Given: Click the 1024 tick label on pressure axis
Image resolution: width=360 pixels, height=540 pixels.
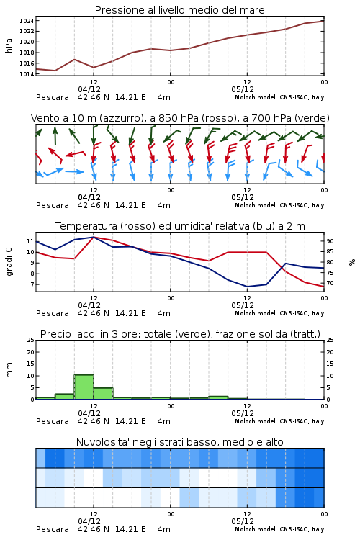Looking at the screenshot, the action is tap(27, 21).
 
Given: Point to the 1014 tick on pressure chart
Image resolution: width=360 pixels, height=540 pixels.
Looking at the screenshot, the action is tap(27, 74).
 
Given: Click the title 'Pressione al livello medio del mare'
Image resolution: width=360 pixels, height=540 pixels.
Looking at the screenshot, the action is tap(180, 10).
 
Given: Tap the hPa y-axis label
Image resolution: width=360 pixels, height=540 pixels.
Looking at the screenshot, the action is tap(9, 45).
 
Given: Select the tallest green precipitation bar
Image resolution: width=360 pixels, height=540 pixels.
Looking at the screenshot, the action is tap(84, 387).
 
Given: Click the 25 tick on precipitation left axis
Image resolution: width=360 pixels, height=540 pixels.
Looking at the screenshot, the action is tap(31, 341).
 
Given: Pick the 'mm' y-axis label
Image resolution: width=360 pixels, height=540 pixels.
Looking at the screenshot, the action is tap(9, 370).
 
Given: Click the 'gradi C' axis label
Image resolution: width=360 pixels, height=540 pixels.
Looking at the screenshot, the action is tap(9, 262).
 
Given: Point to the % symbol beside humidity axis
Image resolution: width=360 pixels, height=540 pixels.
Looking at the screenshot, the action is tap(352, 262).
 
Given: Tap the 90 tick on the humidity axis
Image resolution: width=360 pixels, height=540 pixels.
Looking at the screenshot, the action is tap(330, 241).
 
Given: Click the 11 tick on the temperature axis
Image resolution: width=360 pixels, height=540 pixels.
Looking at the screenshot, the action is tap(30, 241).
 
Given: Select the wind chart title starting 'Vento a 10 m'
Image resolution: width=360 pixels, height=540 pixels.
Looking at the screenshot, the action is tap(180, 118).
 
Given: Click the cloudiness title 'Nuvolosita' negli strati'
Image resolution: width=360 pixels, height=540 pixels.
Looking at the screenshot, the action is tap(180, 442).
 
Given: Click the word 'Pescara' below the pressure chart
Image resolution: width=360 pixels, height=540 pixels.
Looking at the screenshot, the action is tap(53, 97).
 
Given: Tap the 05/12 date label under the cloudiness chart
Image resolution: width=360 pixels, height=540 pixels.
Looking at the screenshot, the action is tap(243, 521).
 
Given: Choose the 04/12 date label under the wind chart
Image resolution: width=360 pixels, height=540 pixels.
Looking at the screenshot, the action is tap(89, 197).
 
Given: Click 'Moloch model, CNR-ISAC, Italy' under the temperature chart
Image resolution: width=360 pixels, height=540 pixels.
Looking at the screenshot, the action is tap(279, 313).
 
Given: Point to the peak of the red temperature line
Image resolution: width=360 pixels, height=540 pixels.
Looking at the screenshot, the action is tap(94, 237).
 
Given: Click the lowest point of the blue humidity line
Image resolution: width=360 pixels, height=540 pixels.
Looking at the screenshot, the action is tap(247, 287).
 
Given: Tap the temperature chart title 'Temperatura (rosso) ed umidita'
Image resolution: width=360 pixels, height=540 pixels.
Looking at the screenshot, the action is tap(180, 226).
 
